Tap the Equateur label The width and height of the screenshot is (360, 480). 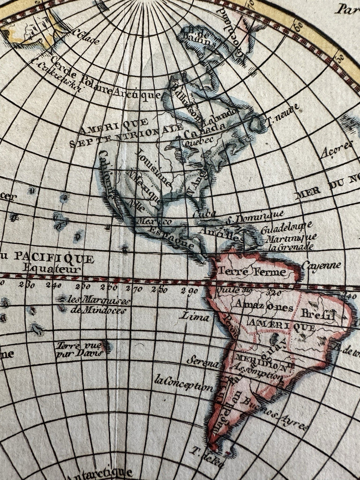[52, 269]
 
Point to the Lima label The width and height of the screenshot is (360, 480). [196, 316]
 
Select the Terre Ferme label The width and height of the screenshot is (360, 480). [252, 272]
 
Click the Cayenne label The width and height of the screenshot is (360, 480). [321, 265]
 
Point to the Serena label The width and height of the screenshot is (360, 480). [203, 361]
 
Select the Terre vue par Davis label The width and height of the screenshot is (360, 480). [80, 349]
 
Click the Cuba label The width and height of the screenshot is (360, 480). [204, 214]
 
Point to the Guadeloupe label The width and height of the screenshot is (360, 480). [287, 228]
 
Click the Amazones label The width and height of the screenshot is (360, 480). [264, 307]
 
